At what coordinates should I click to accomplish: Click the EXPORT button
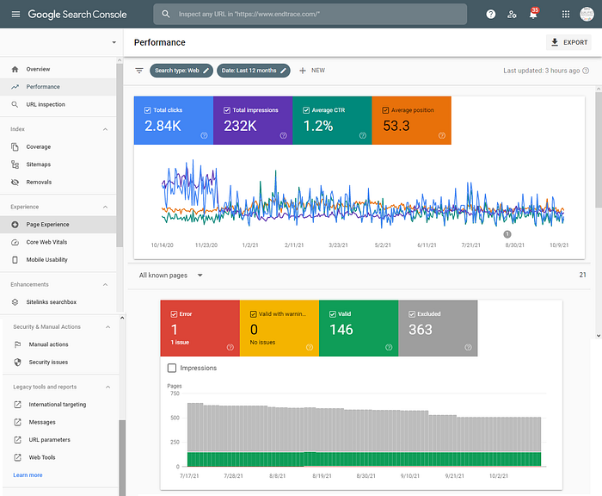(568, 42)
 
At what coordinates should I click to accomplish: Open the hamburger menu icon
(15, 15)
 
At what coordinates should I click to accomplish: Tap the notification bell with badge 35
(533, 15)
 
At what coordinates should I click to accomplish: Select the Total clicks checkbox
(147, 110)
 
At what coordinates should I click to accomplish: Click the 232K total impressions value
(240, 126)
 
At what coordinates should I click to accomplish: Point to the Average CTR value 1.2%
(318, 126)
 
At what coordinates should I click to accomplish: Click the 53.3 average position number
(396, 126)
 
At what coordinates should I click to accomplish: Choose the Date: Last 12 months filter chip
(254, 71)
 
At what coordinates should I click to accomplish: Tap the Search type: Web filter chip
(181, 71)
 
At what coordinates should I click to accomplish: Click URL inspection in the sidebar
(46, 104)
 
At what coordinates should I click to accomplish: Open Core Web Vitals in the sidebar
(46, 242)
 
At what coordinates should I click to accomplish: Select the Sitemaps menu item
(39, 164)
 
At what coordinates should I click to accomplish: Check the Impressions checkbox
(172, 368)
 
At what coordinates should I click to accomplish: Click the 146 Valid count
(341, 330)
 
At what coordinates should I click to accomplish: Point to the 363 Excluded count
(421, 330)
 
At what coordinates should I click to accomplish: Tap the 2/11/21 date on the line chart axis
(294, 245)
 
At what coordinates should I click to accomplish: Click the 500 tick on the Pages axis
(175, 418)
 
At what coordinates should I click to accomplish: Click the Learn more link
(28, 475)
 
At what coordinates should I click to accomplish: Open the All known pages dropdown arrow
(200, 276)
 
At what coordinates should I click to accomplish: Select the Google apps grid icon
(566, 15)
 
